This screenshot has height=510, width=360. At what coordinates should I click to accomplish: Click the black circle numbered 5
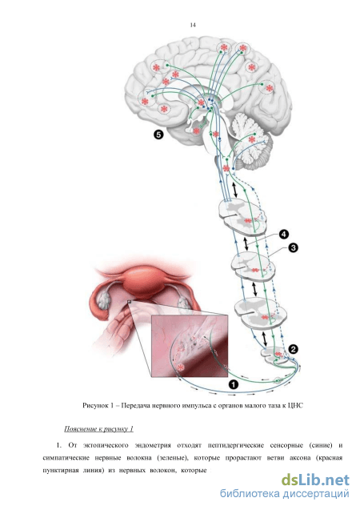pos(158,134)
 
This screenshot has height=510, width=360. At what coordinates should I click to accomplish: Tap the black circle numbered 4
pos(283,234)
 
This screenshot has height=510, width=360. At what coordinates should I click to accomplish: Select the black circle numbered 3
pos(293,248)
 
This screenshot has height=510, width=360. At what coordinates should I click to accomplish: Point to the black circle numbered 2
pos(293,349)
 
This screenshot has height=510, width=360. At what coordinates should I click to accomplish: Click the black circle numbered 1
pos(234,384)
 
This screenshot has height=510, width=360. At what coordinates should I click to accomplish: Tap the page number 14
pos(193,25)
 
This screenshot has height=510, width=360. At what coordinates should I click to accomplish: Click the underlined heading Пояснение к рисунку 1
pos(98,428)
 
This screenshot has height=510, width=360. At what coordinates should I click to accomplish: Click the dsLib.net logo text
pos(315,480)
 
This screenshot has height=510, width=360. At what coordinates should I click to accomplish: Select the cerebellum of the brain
pos(251,141)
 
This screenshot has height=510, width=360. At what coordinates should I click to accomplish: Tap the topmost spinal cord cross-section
pos(242,217)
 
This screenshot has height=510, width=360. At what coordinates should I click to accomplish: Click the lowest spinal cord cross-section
pos(276,356)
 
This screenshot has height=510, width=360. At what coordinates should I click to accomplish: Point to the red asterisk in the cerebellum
pos(251,139)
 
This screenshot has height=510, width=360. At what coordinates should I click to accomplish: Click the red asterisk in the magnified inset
pos(180,367)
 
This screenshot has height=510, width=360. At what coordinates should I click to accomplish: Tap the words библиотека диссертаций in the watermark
pos(285,494)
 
